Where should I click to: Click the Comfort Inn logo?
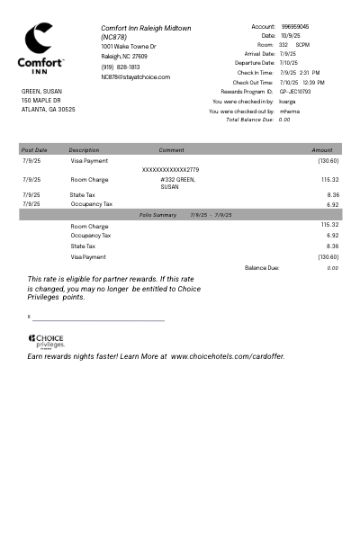40,49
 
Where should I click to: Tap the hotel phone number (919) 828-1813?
121,67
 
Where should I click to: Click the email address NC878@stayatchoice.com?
135,77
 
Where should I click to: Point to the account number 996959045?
294,27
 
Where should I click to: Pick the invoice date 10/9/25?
290,36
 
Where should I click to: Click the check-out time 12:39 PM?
314,83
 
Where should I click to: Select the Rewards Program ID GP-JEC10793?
295,92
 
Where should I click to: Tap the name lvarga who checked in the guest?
288,102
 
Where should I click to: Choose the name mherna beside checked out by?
290,112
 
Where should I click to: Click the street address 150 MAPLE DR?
41,100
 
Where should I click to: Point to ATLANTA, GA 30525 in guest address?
49,109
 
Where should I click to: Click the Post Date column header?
34,150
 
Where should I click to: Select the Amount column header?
321,150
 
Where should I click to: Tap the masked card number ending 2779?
170,169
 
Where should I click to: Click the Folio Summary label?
158,215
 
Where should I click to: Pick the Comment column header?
171,150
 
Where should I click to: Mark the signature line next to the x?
99,318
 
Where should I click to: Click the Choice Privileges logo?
46,341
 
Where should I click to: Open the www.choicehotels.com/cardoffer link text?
227,356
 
